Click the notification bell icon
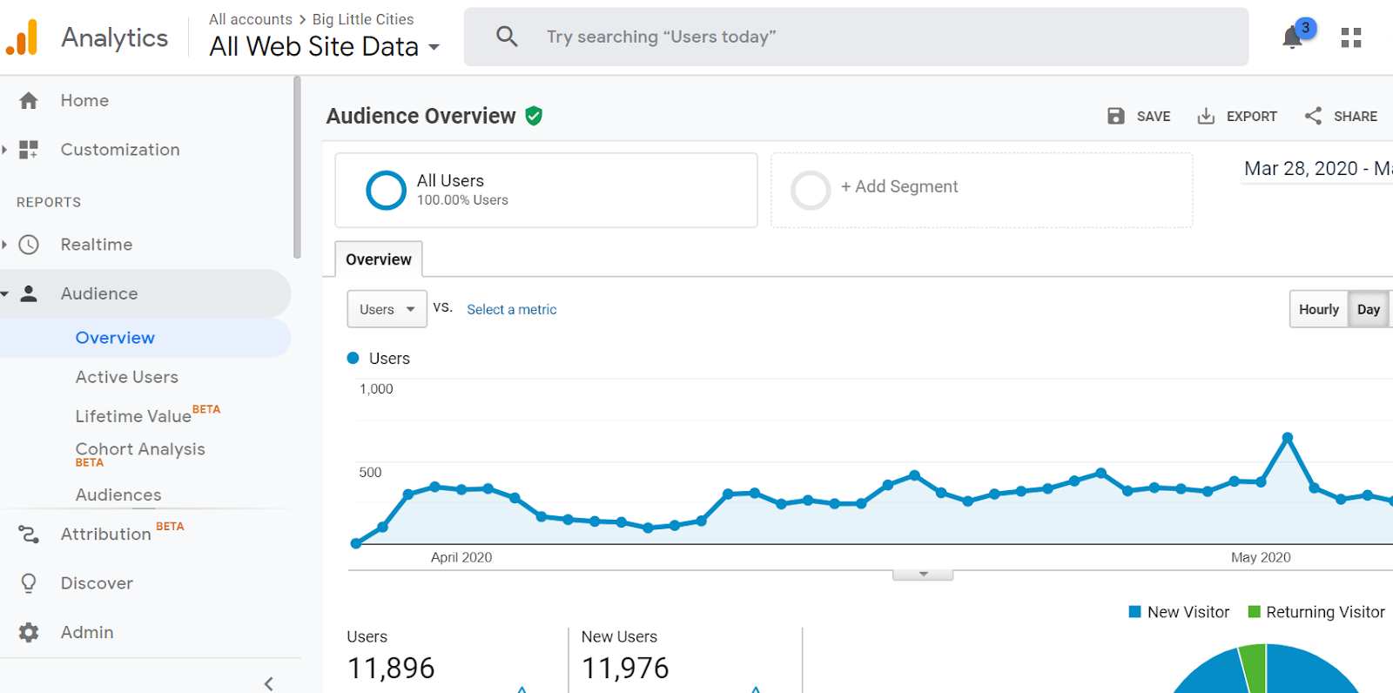(1293, 37)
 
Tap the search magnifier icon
(507, 37)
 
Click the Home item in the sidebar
(84, 101)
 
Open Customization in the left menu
(119, 150)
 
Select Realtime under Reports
(96, 245)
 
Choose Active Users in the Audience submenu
(126, 377)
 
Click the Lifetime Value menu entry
(133, 416)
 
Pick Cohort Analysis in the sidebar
(140, 449)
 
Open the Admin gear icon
(29, 632)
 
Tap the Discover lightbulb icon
(29, 583)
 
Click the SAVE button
(1139, 117)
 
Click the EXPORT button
(1237, 117)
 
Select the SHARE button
(1341, 117)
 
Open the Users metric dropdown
(387, 309)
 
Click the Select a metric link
(511, 310)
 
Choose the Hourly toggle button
(1318, 309)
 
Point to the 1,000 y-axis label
(376, 389)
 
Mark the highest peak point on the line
(1287, 437)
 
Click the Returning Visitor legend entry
(1324, 612)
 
